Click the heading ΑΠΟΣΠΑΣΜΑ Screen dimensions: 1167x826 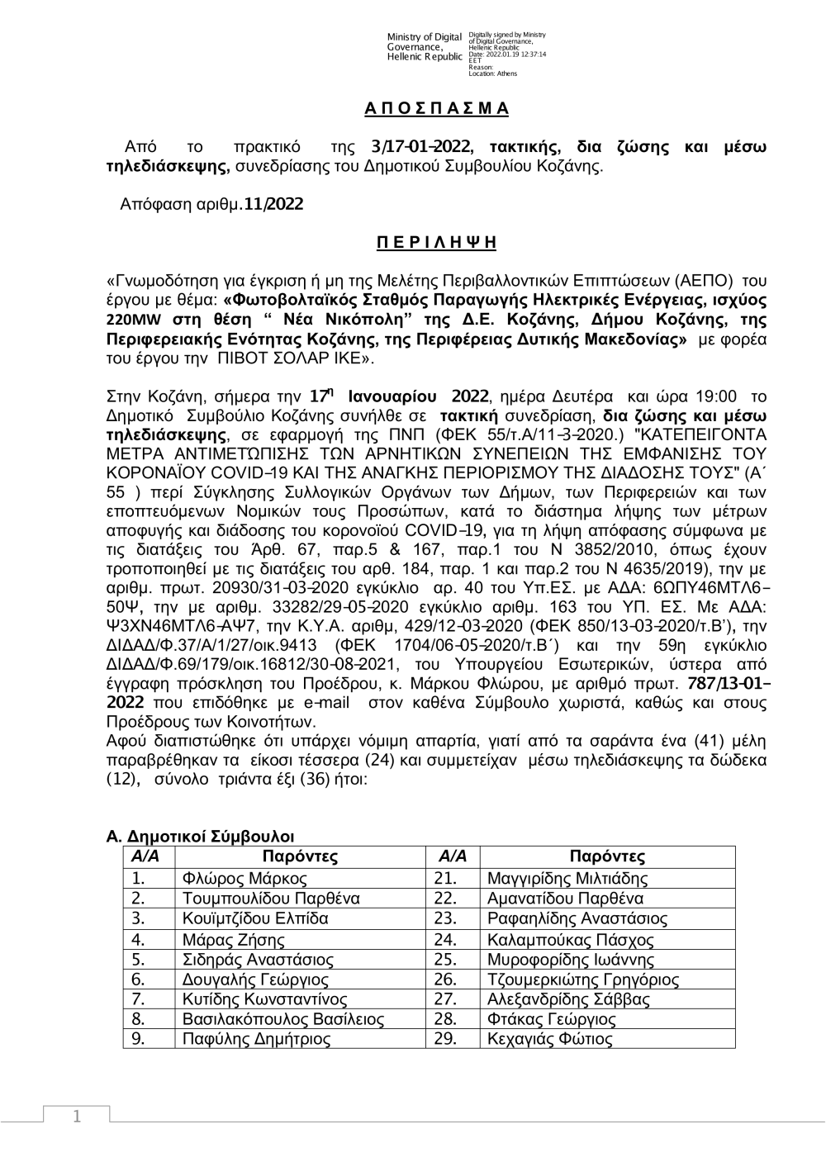(x=437, y=109)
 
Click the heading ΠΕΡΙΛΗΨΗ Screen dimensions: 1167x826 (x=437, y=242)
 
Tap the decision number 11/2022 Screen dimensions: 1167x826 (x=273, y=204)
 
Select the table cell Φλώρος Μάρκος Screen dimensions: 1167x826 (x=244, y=879)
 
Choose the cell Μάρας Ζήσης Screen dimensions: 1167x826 (x=234, y=940)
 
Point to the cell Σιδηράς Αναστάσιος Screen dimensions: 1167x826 (x=258, y=960)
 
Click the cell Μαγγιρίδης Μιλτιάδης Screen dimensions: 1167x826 (x=567, y=879)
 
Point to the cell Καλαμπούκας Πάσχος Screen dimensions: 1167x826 (x=571, y=940)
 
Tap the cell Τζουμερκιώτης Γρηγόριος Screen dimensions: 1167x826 (x=583, y=980)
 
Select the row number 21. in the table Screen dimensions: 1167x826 (x=445, y=879)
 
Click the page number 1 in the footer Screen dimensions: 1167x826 (x=77, y=1117)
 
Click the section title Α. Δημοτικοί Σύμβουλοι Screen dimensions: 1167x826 (x=201, y=837)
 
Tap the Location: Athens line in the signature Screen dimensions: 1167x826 (x=493, y=74)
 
